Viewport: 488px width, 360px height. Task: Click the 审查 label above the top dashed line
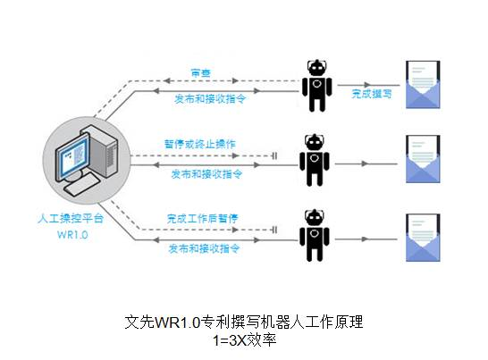201,73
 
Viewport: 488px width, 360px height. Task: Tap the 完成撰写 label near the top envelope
372,94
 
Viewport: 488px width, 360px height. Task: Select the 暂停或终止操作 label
200,144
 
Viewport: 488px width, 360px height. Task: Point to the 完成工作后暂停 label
202,219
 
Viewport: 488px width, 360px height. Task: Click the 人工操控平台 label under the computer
71,218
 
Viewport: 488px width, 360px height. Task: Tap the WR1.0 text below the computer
72,235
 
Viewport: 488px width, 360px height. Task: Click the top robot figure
317,85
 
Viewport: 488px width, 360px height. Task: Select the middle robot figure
315,160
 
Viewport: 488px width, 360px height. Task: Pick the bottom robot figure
315,235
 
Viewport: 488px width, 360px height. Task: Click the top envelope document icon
423,85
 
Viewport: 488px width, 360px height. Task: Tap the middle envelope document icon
423,159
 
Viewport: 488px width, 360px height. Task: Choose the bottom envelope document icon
423,238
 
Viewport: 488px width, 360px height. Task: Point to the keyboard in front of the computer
81,185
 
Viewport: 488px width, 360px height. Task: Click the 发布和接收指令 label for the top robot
210,99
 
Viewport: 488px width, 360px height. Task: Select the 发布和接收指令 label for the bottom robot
204,248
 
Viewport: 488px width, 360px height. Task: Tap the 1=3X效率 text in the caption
245,340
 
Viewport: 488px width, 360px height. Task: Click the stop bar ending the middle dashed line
274,155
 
